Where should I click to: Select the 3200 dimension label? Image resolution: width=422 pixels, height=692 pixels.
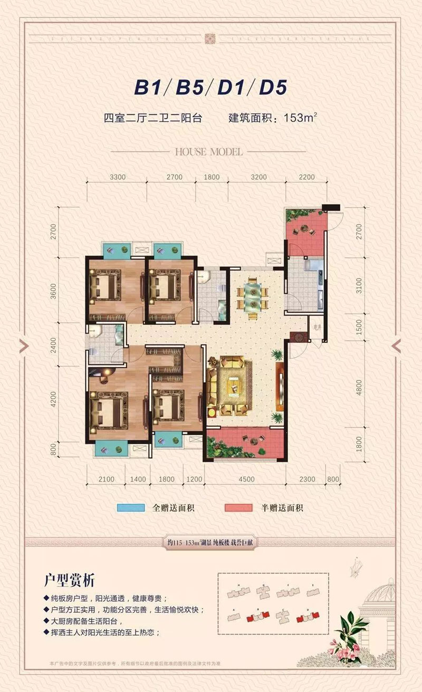coord(259,177)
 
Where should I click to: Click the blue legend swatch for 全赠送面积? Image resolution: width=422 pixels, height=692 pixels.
coord(131,508)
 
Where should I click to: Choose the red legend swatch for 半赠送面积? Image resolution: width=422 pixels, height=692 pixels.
coord(239,508)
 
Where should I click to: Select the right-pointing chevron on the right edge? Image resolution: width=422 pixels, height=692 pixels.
coord(397,345)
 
